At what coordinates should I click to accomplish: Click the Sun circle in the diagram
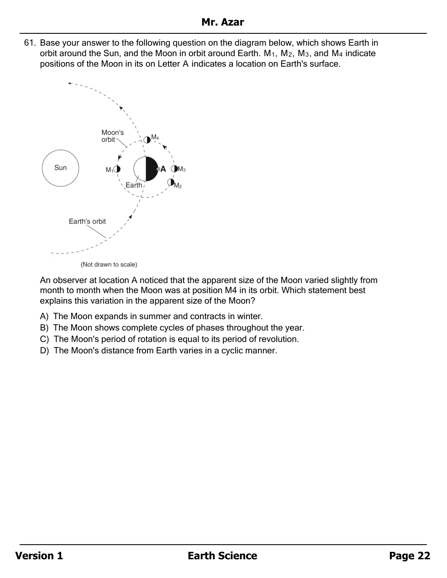(x=60, y=168)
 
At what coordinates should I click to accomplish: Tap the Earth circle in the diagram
(x=146, y=169)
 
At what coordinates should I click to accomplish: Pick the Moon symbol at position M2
(x=171, y=182)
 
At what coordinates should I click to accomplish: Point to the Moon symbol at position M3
(x=174, y=169)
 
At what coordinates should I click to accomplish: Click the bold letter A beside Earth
(x=163, y=169)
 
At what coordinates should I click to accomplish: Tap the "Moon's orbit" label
(x=112, y=136)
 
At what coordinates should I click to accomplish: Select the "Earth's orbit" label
(x=87, y=221)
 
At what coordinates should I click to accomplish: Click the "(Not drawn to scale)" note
(x=109, y=264)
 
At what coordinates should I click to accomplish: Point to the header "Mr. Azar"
(x=223, y=22)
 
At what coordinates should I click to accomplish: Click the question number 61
(x=29, y=43)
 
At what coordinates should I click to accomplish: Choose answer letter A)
(x=44, y=316)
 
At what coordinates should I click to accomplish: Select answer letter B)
(x=44, y=328)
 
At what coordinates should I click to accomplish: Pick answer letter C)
(x=44, y=339)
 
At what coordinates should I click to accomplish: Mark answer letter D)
(x=44, y=351)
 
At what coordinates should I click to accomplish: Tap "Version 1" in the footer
(x=39, y=556)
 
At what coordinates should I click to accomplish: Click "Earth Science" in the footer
(x=222, y=556)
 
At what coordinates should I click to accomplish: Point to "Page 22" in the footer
(x=410, y=556)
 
